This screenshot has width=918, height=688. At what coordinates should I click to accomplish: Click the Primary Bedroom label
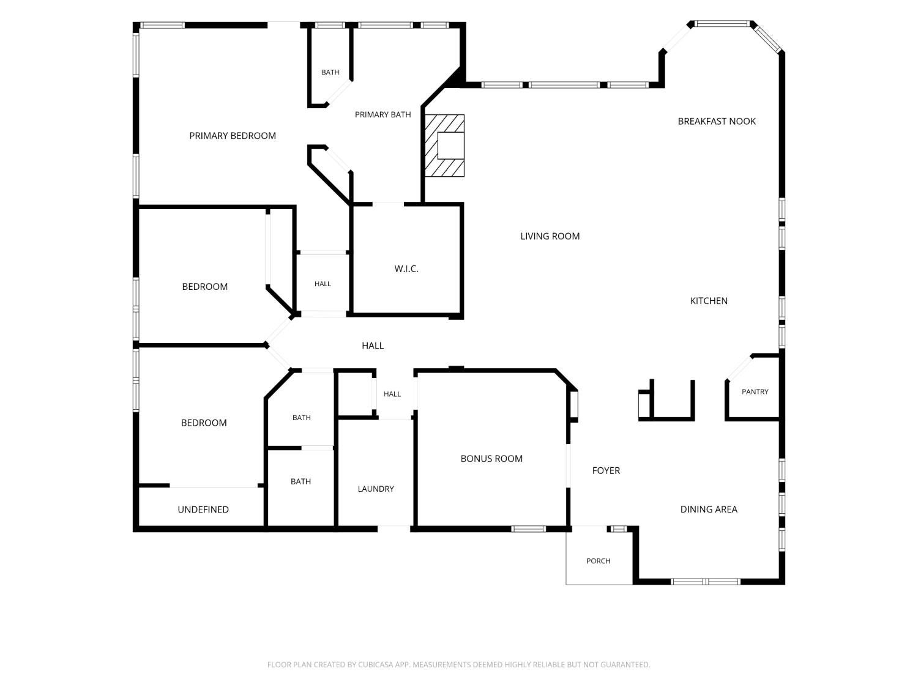[233, 136]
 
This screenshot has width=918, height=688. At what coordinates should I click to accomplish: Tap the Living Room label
[550, 237]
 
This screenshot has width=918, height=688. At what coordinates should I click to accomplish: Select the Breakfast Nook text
[717, 122]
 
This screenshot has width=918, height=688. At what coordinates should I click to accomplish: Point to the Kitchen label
[709, 301]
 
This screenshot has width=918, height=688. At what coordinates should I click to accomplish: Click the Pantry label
[755, 392]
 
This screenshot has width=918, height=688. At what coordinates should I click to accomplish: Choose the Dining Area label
[709, 509]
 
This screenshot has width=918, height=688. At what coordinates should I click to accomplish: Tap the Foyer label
[606, 471]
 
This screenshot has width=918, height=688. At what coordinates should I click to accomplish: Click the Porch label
[598, 561]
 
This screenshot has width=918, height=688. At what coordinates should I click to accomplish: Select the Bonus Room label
[491, 459]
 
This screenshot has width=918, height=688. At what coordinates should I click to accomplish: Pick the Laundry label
[376, 489]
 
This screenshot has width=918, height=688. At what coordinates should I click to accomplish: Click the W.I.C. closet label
[406, 269]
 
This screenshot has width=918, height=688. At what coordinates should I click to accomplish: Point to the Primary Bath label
[382, 115]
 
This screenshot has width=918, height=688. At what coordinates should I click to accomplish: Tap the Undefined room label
[203, 509]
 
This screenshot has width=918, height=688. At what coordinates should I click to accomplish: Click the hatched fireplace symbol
[444, 146]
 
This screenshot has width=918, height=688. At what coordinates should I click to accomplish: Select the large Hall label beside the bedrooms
[373, 346]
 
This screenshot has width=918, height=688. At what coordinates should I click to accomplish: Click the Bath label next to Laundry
[300, 482]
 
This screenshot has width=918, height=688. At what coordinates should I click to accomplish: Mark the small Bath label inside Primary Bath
[330, 72]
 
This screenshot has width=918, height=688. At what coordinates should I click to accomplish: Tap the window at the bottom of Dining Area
[706, 582]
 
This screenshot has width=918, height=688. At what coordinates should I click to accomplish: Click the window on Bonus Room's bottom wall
[528, 529]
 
